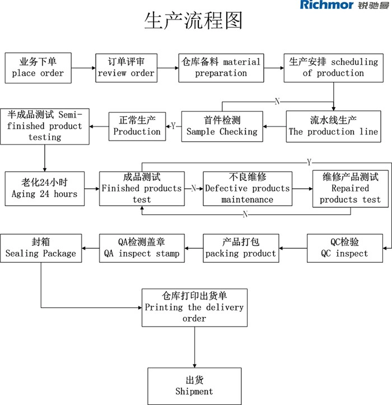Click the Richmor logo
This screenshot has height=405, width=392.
[344, 5]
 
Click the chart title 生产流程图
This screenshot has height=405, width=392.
[193, 20]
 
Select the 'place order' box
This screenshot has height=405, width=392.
[38, 68]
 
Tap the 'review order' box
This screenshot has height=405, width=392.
[126, 68]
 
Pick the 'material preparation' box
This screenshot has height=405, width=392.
[221, 68]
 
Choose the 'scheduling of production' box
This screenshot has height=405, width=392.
[333, 68]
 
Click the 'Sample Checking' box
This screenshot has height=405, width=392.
[222, 126]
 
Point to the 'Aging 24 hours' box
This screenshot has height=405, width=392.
[45, 189]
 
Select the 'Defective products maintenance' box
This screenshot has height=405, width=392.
[248, 189]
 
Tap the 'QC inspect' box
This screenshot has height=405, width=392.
[345, 248]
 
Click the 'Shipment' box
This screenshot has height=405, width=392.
[194, 386]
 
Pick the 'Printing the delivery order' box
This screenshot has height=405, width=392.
[194, 308]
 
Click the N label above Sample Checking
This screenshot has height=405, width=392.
[277, 101]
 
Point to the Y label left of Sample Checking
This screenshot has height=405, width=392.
[173, 126]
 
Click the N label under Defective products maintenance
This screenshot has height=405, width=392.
[245, 214]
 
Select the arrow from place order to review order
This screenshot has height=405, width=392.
[83, 68]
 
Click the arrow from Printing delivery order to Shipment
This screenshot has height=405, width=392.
[194, 347]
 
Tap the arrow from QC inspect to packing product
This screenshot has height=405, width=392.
[293, 248]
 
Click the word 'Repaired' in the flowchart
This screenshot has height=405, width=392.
[350, 188]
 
